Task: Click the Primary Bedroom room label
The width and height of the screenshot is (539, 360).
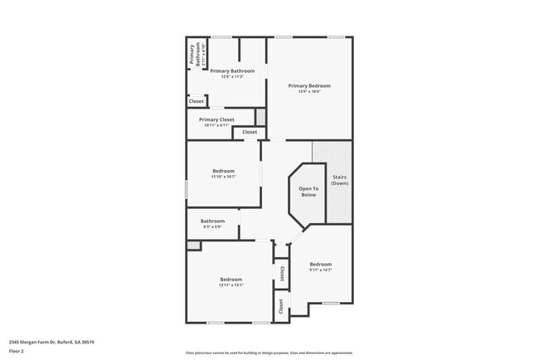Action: (x=309, y=85)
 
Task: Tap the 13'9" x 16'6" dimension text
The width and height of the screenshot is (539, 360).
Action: (x=309, y=91)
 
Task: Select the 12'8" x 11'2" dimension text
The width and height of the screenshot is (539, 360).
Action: (x=231, y=76)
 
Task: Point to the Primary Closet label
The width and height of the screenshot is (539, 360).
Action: (x=216, y=119)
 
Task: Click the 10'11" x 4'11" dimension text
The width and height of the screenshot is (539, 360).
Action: (x=216, y=125)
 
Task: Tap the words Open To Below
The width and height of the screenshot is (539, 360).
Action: (x=308, y=192)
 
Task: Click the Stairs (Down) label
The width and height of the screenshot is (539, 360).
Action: (x=339, y=180)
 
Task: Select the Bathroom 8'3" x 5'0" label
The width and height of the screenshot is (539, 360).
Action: (x=212, y=223)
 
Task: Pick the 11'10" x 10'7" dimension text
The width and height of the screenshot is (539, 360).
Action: (x=224, y=177)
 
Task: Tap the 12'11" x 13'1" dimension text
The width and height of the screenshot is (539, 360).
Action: (x=231, y=285)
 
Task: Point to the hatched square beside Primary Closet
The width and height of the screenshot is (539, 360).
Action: (x=260, y=117)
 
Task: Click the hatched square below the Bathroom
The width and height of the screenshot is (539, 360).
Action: (x=193, y=246)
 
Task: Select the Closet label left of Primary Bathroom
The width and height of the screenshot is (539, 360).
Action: (x=196, y=101)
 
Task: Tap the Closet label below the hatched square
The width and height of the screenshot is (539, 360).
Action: (x=250, y=132)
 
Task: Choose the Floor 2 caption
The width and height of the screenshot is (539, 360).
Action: (x=17, y=352)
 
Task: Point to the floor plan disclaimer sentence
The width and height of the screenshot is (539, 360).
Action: (x=269, y=353)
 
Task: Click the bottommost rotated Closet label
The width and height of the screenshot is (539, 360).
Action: (x=282, y=307)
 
